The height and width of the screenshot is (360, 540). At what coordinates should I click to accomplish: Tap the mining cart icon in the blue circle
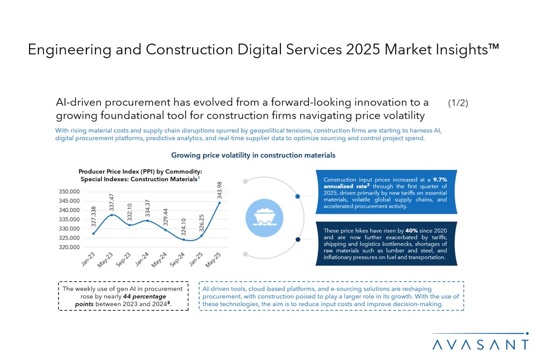(264, 217)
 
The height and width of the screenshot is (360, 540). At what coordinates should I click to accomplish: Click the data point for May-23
(112, 215)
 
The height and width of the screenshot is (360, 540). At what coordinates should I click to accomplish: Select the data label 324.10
(183, 225)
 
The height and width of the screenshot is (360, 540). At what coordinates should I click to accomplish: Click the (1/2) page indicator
(458, 103)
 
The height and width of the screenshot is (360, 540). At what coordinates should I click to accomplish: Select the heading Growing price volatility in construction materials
(253, 155)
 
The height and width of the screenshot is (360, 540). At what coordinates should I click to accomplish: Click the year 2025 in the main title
(364, 50)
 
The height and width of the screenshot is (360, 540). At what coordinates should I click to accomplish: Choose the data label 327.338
(94, 219)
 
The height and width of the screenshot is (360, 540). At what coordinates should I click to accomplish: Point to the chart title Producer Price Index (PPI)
(140, 172)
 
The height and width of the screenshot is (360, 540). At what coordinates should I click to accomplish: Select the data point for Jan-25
(201, 235)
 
